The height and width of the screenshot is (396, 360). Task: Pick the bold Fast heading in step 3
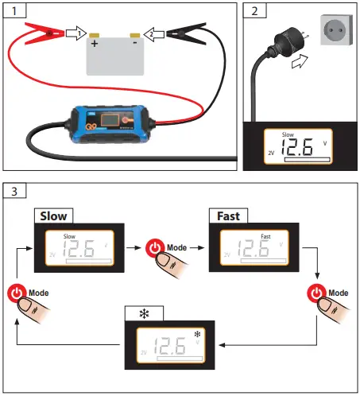[x=228, y=215]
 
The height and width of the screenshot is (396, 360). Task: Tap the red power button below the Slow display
[x=18, y=293]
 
